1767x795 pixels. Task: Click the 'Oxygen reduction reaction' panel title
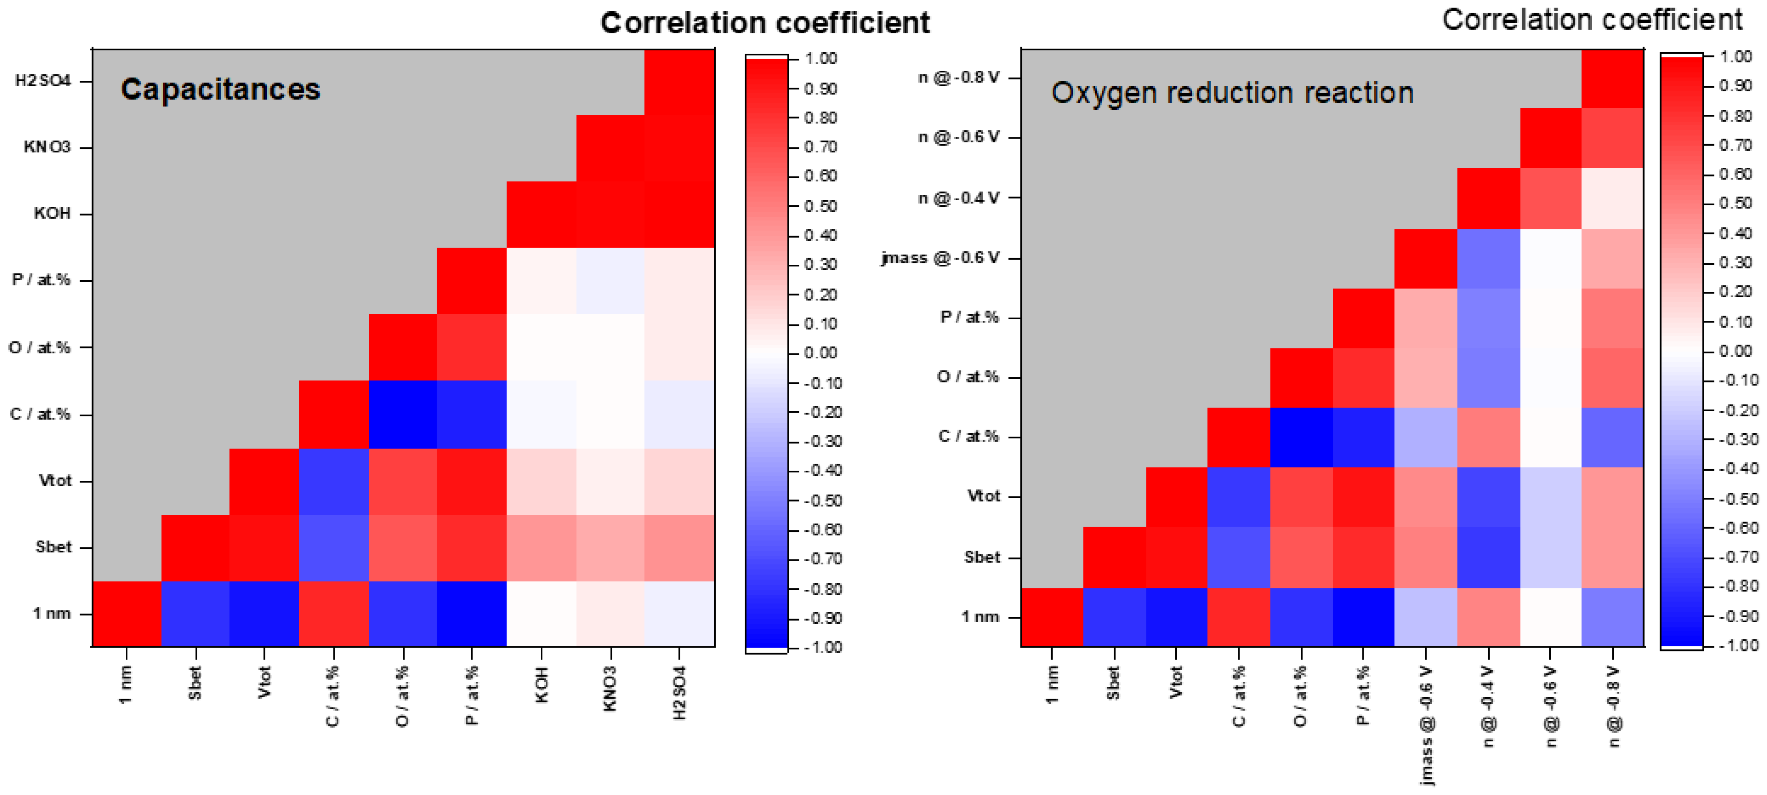[1232, 92]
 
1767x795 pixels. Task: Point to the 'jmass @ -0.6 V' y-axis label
[940, 258]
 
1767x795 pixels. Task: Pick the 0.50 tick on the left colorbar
[820, 206]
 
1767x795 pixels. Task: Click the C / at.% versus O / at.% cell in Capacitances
[403, 414]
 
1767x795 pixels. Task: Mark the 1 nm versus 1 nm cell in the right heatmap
[1052, 617]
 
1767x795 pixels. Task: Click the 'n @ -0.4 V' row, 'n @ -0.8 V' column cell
[1613, 198]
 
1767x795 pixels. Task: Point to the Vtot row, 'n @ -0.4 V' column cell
[1489, 497]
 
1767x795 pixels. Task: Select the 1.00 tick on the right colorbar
[1735, 56]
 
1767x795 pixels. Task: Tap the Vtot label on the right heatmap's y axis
[984, 496]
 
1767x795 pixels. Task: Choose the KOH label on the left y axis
[52, 214]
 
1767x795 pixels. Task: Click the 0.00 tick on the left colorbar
[820, 353]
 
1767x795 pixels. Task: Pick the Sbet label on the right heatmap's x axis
[1114, 683]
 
